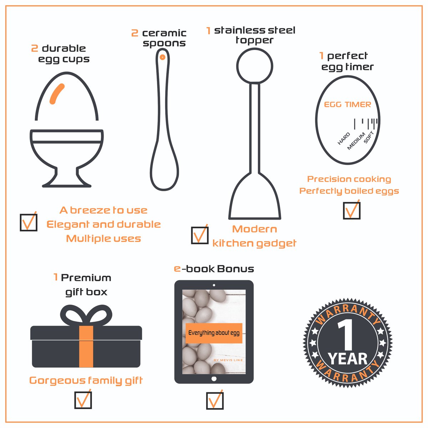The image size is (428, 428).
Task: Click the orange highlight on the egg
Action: tap(57, 94)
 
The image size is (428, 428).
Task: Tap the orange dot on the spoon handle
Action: tap(162, 57)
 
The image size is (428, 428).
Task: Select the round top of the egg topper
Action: tap(255, 66)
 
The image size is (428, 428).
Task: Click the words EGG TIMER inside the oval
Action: tap(347, 105)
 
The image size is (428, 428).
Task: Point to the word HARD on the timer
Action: tap(344, 139)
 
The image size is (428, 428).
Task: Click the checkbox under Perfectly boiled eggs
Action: tap(352, 210)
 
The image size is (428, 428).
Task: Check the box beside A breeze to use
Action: tap(29, 223)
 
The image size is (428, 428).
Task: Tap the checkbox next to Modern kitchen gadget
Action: tap(200, 235)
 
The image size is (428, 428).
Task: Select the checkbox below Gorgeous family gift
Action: tap(83, 400)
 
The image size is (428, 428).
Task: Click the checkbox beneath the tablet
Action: tap(215, 401)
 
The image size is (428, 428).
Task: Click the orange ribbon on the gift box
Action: tap(86, 346)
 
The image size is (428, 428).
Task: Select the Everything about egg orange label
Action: tap(214, 333)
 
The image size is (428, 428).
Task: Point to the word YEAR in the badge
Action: tap(348, 359)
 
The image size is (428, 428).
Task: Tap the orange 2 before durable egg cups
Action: tap(35, 49)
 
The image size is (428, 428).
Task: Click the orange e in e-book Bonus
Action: tap(177, 269)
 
